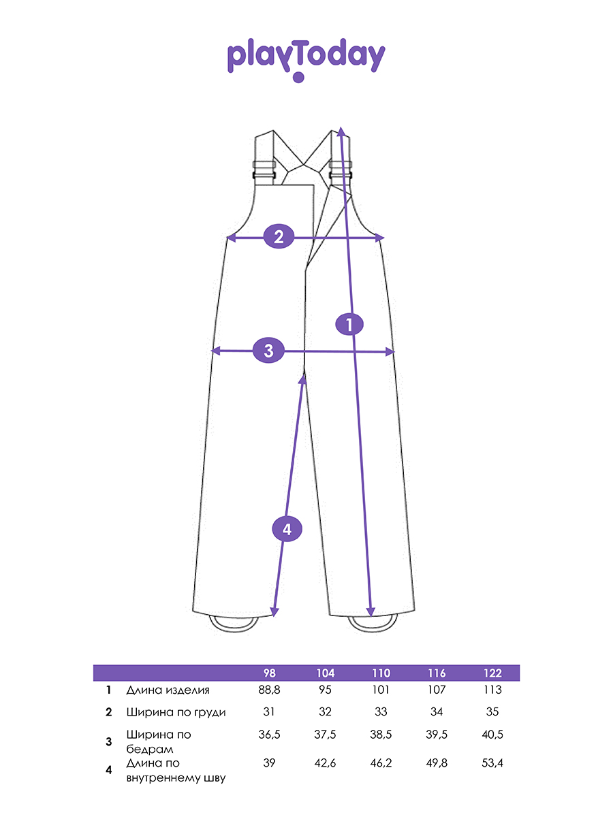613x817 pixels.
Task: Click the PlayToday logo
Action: pos(306,59)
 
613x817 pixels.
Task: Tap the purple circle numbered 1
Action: pos(349,324)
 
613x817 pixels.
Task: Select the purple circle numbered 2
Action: pos(279,237)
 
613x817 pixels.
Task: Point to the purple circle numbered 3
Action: pos(268,351)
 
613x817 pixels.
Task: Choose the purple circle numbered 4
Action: pos(287,529)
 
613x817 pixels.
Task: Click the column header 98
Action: pos(270,673)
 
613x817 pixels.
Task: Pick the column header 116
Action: pos(437,673)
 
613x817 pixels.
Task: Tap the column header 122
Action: pos(492,673)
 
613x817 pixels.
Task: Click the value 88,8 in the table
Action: pos(269,690)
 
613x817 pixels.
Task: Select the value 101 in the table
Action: pos(381,690)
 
